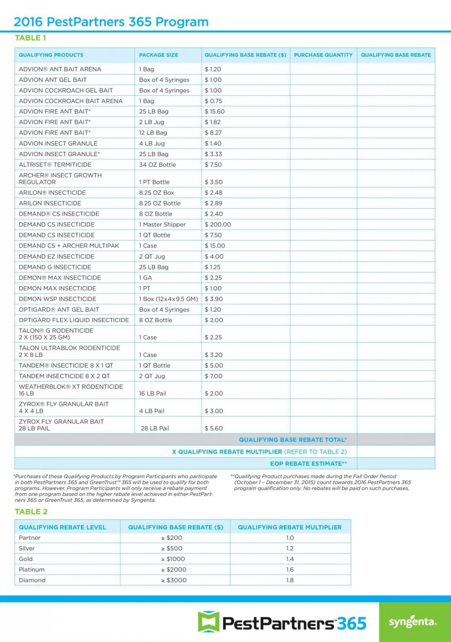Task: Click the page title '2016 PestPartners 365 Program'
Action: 111,22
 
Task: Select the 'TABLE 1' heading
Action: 30,38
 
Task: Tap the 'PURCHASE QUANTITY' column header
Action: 323,55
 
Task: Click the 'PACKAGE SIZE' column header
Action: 159,55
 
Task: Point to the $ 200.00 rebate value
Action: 218,224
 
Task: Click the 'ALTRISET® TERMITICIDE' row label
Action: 55,165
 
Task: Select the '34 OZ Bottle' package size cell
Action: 157,165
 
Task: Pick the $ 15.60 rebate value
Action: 215,112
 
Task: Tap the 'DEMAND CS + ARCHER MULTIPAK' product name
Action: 69,246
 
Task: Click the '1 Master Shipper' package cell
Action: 162,224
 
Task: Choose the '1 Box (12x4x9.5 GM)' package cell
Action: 168,299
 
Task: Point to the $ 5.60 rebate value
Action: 214,428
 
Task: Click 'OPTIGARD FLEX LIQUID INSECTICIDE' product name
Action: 74,320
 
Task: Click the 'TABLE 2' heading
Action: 31,512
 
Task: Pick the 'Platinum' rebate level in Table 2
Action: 32,570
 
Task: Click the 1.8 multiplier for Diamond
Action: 290,580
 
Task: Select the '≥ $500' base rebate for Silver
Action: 172,548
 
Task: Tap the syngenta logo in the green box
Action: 413,622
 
